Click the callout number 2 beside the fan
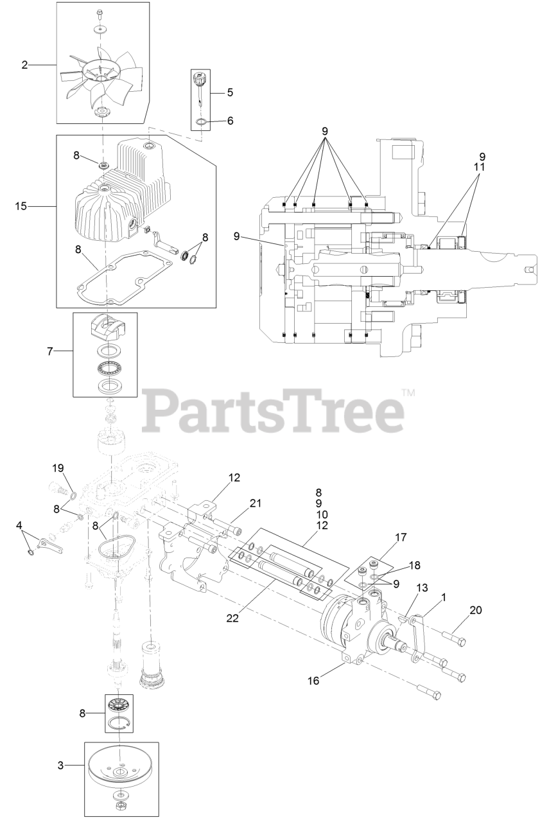25,64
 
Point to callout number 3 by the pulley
61,765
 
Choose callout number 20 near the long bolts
475,610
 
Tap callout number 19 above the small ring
58,468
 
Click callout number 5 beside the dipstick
229,92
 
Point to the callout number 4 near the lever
19,525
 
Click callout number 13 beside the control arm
422,588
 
